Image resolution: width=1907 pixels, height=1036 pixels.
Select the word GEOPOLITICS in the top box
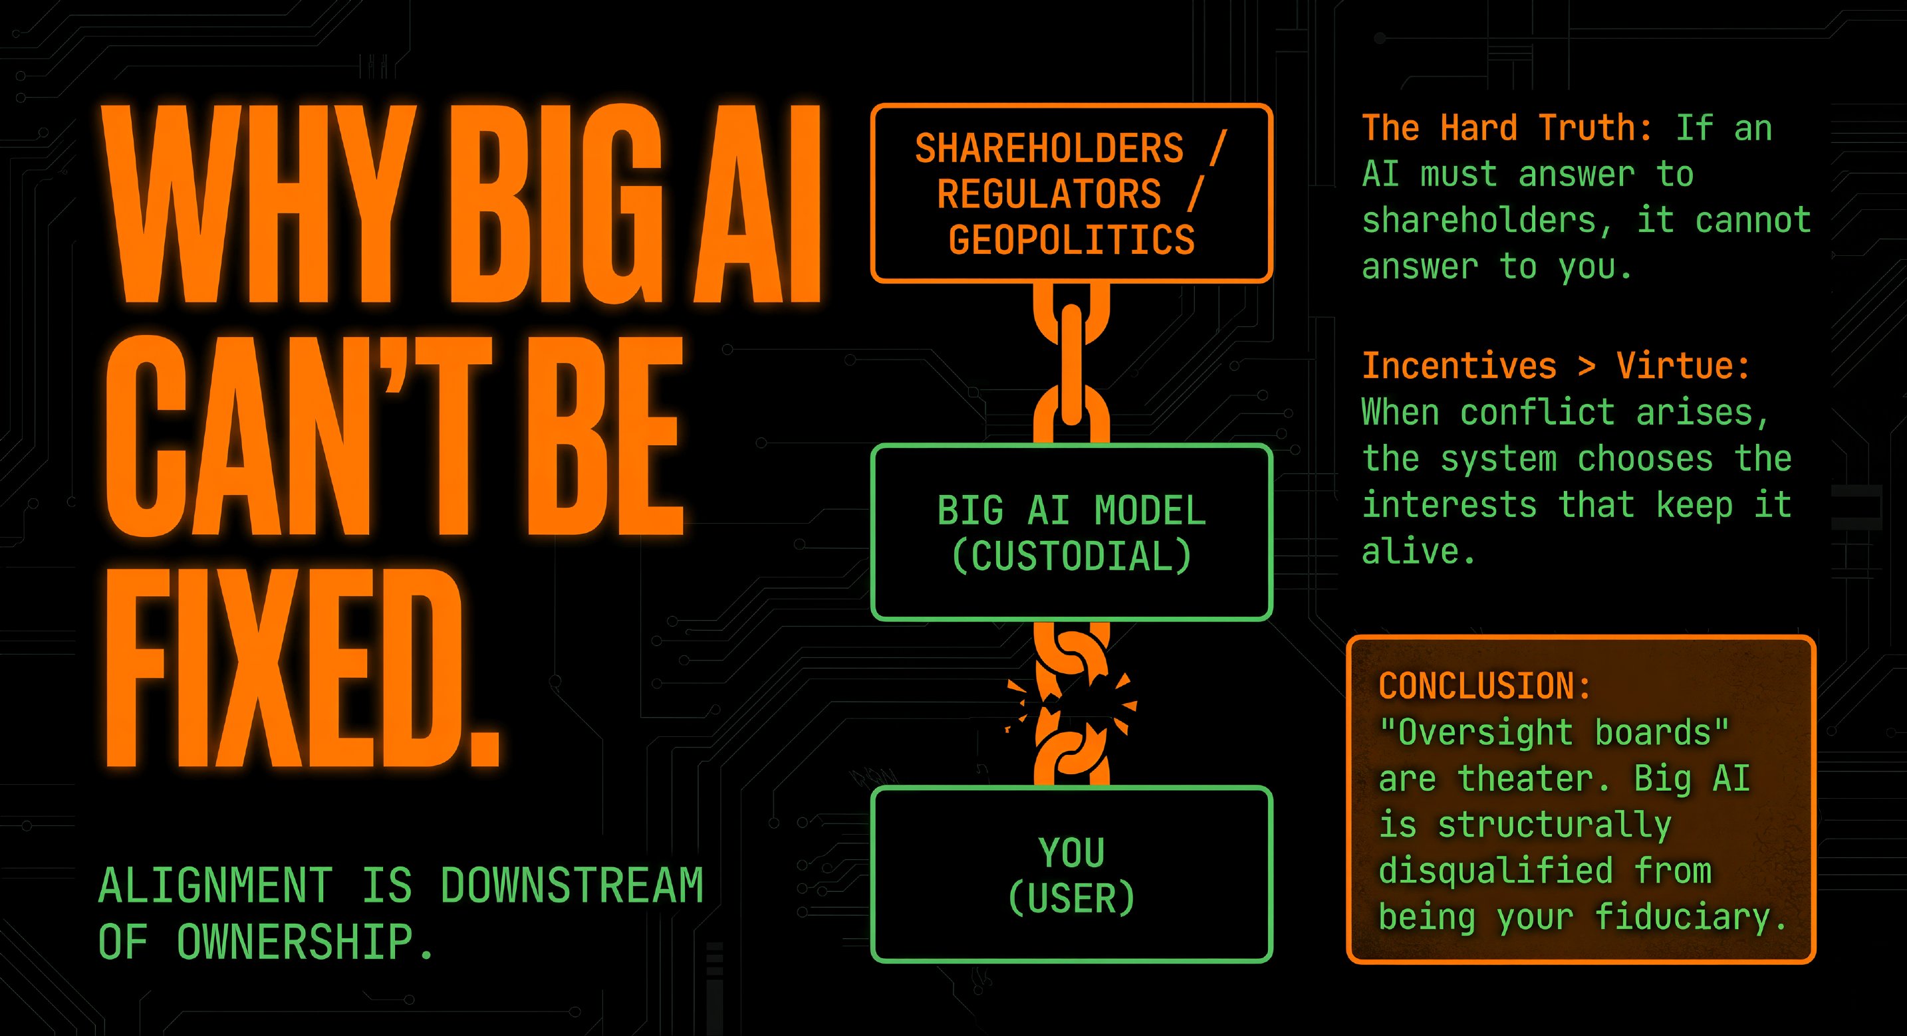pos(1071,241)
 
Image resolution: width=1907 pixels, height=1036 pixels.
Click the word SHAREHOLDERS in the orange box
pos(1049,148)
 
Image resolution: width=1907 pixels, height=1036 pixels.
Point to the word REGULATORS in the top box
pos(1049,195)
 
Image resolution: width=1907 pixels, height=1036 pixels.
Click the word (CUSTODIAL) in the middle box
pos(1071,556)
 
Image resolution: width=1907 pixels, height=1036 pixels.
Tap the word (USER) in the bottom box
pos(1071,899)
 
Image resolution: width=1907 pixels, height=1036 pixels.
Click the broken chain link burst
pos(1071,703)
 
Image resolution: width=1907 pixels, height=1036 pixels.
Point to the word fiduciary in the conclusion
pos(1690,918)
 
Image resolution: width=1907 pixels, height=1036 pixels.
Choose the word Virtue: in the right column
pos(1683,366)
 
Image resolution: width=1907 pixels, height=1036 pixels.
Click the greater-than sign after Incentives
pos(1587,366)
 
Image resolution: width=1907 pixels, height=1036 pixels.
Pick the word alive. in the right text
pos(1418,552)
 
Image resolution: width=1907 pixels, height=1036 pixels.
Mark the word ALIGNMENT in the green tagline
pos(215,886)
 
